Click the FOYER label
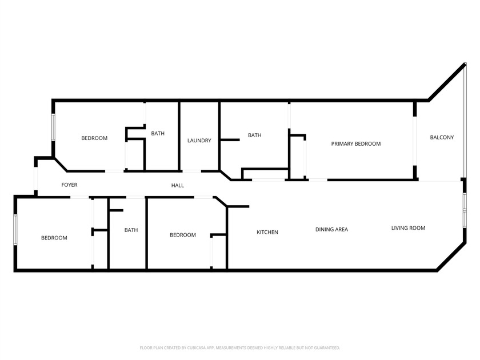(x=69, y=185)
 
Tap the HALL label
(x=178, y=185)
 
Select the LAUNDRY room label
(x=199, y=141)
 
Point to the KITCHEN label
(x=267, y=232)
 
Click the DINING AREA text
(x=331, y=230)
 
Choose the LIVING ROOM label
(x=408, y=228)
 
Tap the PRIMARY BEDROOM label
(x=355, y=144)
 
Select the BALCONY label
(x=442, y=137)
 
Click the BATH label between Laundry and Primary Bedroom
(x=254, y=135)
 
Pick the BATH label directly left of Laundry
(x=158, y=134)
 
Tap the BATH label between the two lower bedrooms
(x=131, y=230)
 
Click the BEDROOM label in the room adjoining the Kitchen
(x=183, y=235)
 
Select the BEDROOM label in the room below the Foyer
(x=54, y=238)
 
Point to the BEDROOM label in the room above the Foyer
(x=94, y=138)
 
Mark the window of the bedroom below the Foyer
(x=15, y=234)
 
